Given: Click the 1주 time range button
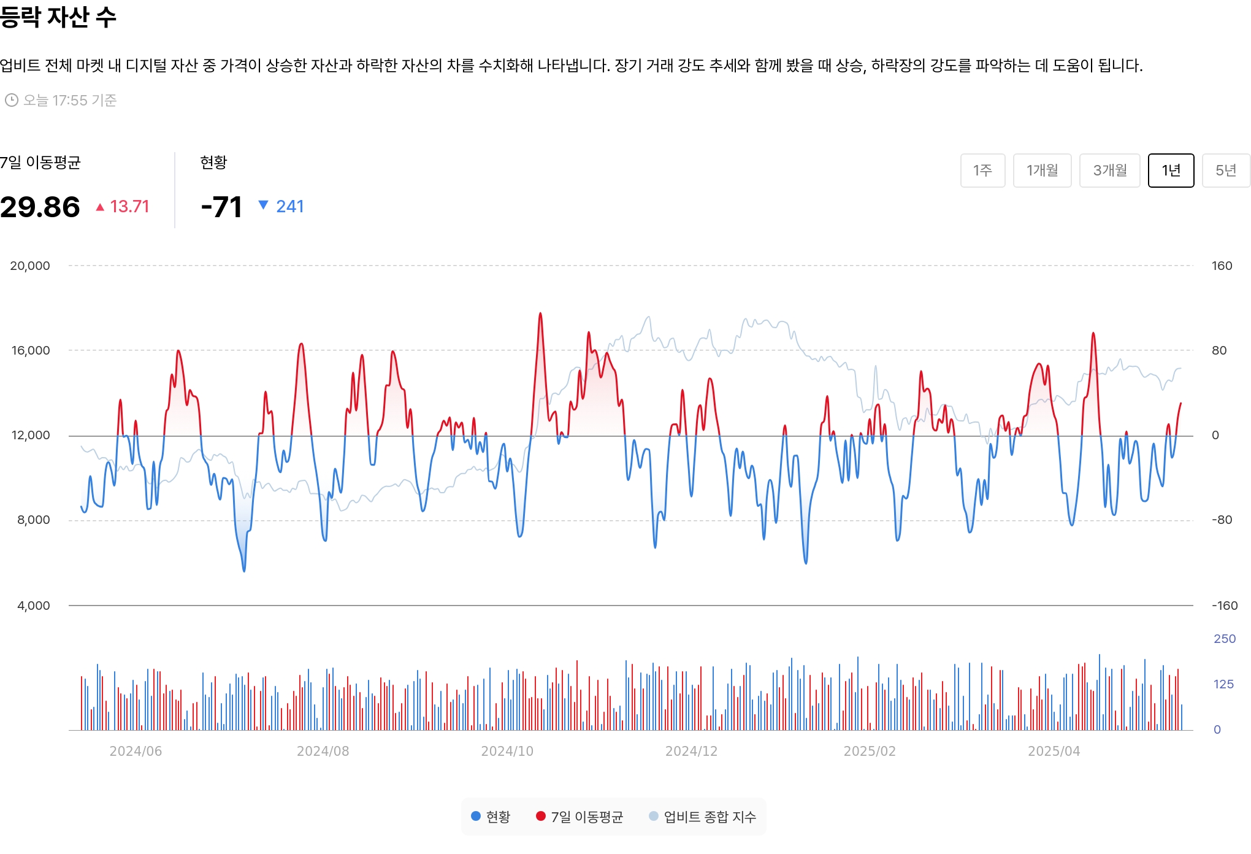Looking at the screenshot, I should pyautogui.click(x=982, y=171).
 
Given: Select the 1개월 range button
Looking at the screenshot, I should pyautogui.click(x=1042, y=171).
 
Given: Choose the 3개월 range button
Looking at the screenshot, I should pyautogui.click(x=1109, y=171).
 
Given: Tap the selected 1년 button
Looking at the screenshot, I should pyautogui.click(x=1171, y=171).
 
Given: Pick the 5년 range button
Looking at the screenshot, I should pyautogui.click(x=1226, y=171).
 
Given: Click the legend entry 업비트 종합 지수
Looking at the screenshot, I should pyautogui.click(x=703, y=817).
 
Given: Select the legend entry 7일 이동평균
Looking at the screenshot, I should pyautogui.click(x=580, y=817).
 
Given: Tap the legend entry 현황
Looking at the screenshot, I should pyautogui.click(x=491, y=817).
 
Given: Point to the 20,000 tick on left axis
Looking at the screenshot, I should pyautogui.click(x=30, y=266).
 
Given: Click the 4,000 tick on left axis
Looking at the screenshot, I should pyautogui.click(x=34, y=606).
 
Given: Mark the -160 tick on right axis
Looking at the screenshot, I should pyautogui.click(x=1225, y=606).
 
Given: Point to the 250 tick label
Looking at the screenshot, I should pyautogui.click(x=1225, y=639).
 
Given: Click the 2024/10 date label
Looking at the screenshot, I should pyautogui.click(x=507, y=751).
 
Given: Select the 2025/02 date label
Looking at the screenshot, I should pyautogui.click(x=870, y=751).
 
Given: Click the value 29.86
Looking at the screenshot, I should pyautogui.click(x=40, y=207).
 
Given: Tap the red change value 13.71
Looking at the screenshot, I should pyautogui.click(x=129, y=207).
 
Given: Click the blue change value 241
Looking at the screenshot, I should pyautogui.click(x=289, y=207).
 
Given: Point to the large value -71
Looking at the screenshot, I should pyautogui.click(x=221, y=207).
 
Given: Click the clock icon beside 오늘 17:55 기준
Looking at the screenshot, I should pyautogui.click(x=12, y=100).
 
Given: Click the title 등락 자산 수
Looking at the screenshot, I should pyautogui.click(x=58, y=16).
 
